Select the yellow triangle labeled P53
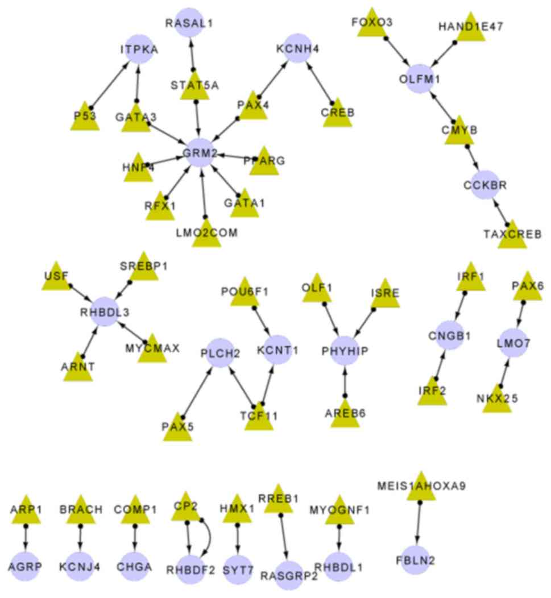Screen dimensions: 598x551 tap(85, 118)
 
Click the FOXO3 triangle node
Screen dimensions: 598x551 tap(371, 24)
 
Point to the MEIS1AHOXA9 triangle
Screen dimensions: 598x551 tap(421, 488)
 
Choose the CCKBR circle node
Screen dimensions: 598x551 tap(485, 185)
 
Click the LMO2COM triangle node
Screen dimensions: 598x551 tap(206, 233)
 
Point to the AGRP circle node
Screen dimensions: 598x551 tap(26, 566)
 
